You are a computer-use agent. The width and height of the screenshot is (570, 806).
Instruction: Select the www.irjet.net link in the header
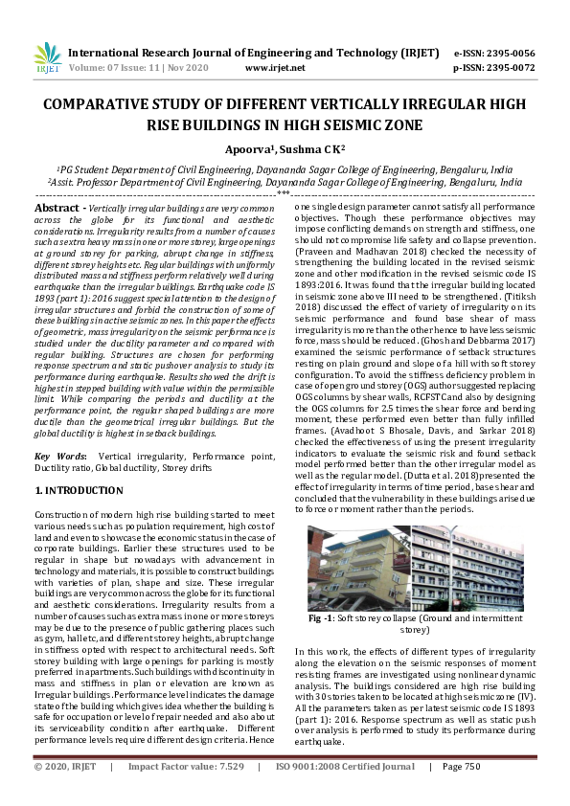(275, 68)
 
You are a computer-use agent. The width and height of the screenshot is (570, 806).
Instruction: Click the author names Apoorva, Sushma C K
(285, 148)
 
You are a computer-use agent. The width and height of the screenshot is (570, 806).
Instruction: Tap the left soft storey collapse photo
(356, 570)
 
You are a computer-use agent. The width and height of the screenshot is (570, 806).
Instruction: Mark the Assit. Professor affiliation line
(284, 180)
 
